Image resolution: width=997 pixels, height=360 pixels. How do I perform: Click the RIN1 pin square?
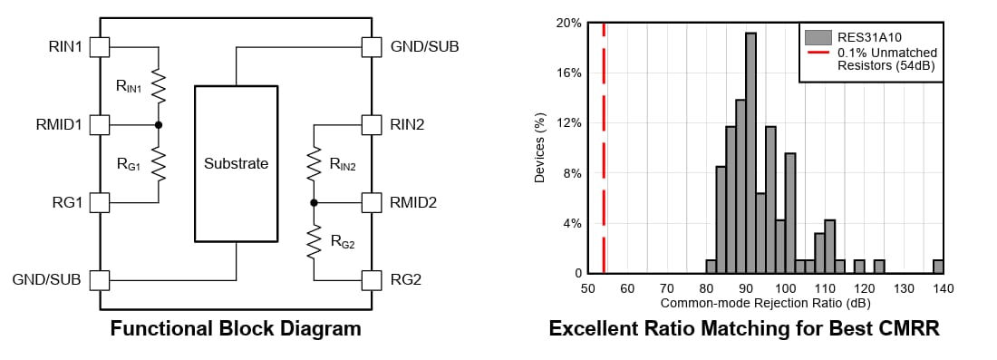pos(101,46)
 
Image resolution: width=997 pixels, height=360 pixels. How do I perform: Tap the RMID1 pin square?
pos(101,124)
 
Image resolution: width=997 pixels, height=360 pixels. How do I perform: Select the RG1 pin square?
pos(101,201)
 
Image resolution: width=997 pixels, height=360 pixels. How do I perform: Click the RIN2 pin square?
pos(371,124)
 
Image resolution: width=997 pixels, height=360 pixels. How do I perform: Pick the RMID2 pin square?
pos(371,201)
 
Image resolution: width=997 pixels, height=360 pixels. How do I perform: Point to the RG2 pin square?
pos(371,278)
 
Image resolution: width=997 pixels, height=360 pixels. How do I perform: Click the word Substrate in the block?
pos(236,164)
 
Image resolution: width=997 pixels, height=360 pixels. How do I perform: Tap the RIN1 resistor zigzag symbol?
pos(159,86)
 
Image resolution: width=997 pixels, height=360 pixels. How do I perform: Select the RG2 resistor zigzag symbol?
pos(314,240)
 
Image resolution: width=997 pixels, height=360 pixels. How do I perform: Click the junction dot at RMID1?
pos(159,124)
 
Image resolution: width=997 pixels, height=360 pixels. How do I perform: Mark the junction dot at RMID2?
pos(314,201)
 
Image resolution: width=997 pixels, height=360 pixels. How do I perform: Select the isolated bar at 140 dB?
pos(938,267)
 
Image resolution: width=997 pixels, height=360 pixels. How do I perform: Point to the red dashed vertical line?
pos(604,145)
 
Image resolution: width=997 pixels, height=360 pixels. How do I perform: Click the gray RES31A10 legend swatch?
pos(818,37)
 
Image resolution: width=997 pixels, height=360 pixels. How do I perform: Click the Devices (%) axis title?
pos(540,148)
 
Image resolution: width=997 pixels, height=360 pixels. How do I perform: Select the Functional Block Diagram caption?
pos(236,328)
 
